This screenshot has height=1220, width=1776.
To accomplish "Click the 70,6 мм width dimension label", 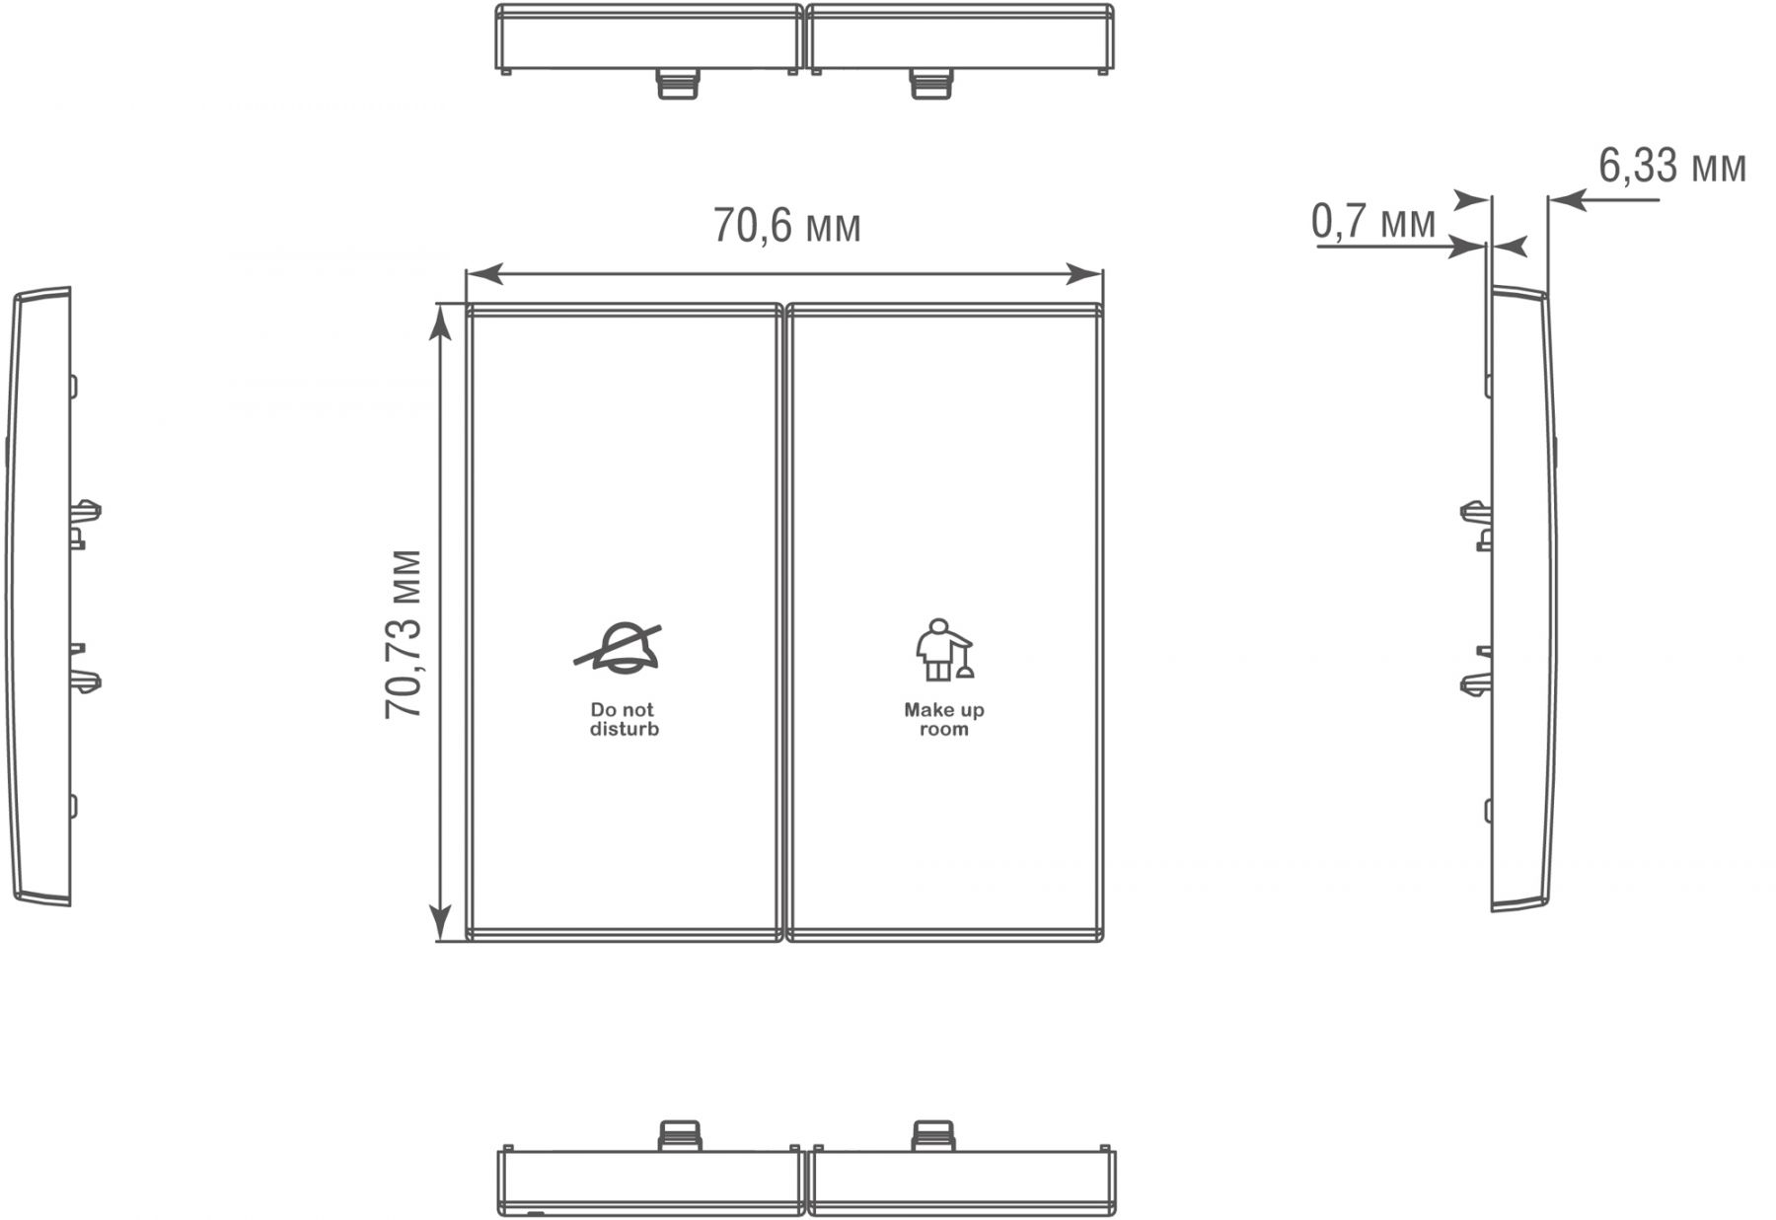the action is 786,227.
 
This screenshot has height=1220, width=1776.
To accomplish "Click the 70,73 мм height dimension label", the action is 404,634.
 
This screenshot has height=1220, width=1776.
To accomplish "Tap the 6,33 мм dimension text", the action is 1672,166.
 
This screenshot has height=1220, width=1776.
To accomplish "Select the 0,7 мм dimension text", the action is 1373,221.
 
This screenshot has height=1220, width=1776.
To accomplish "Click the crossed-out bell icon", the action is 619,648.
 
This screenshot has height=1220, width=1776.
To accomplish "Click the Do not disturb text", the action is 624,719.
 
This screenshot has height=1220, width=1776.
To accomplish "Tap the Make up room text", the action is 944,719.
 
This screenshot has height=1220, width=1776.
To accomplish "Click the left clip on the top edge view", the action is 678,84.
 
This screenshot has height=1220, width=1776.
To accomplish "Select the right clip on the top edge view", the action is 932,84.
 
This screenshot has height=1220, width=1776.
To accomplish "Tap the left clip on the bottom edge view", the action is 679,1135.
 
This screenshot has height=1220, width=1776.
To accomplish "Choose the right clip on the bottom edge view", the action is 933,1135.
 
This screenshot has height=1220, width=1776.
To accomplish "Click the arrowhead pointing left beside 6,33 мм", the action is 1566,201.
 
